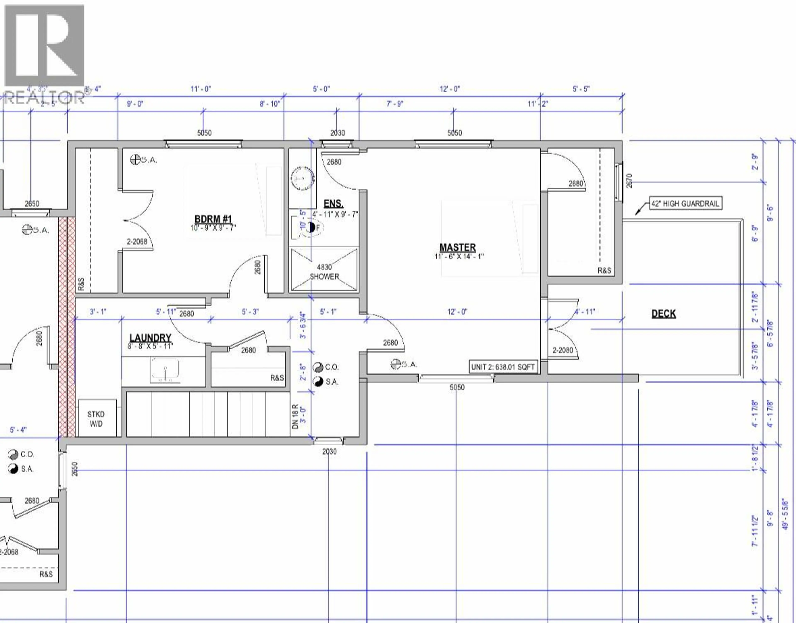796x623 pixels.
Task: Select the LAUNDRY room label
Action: tap(150, 338)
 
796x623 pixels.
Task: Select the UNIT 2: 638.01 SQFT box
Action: tap(503, 367)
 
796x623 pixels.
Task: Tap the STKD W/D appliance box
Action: tap(96, 419)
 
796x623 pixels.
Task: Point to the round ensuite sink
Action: tap(302, 179)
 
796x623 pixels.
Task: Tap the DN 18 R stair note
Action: tap(295, 416)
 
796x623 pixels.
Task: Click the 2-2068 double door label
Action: tap(137, 241)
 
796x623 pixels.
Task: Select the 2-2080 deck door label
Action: tap(563, 350)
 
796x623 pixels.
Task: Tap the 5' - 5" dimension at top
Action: tap(581, 89)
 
